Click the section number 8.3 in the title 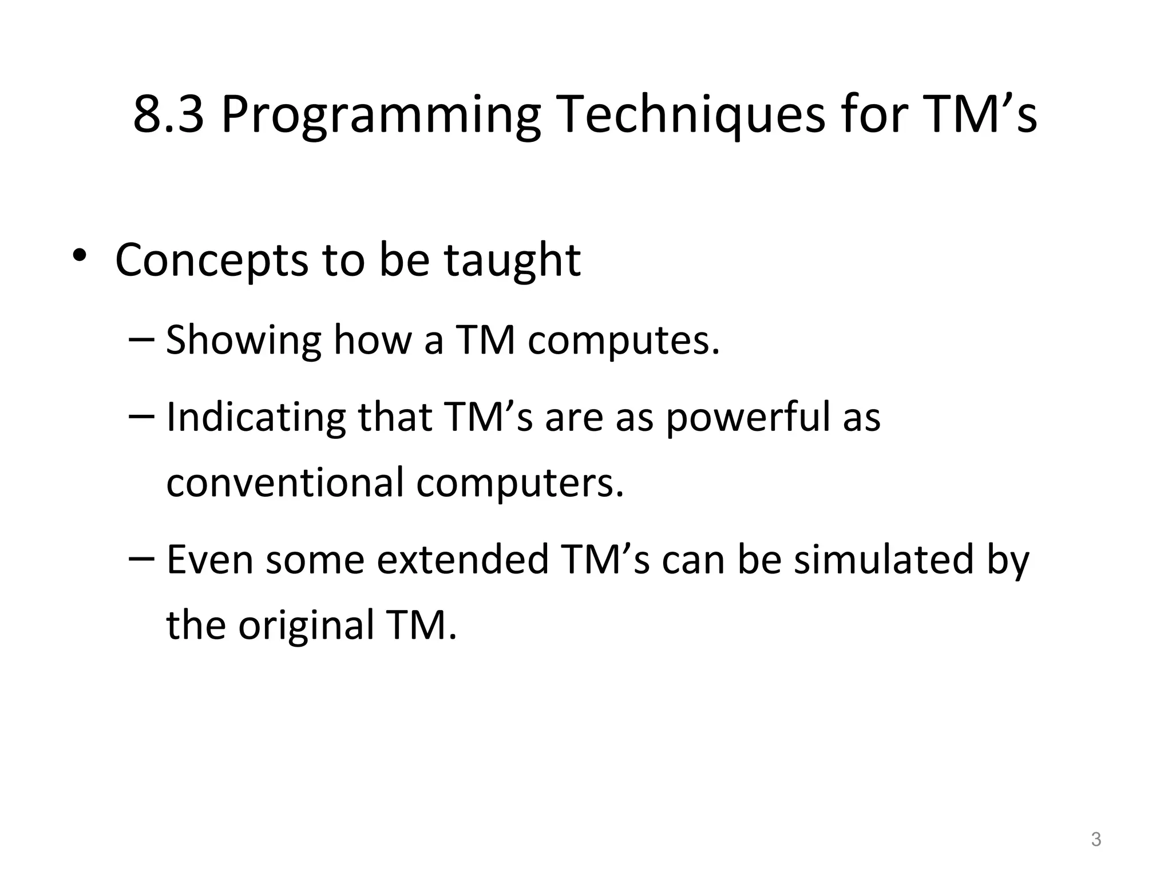(168, 114)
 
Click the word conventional (285, 482)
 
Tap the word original (306, 626)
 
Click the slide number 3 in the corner (1096, 840)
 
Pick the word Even (209, 560)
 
